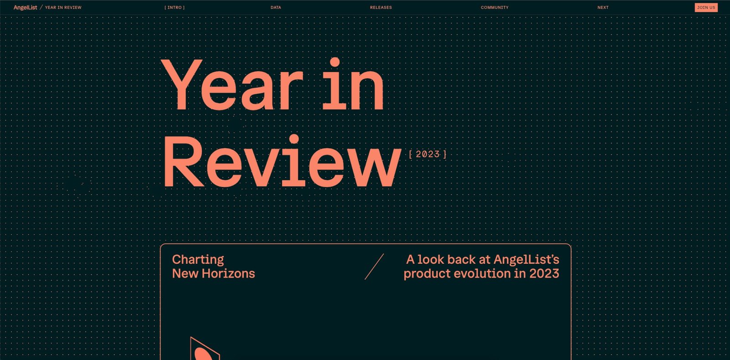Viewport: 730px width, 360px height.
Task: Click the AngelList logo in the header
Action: pyautogui.click(x=25, y=7)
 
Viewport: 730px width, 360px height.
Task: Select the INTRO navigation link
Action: pyautogui.click(x=174, y=7)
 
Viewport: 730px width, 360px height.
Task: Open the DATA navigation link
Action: pyautogui.click(x=276, y=7)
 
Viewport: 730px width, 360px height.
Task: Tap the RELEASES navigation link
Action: pyautogui.click(x=381, y=7)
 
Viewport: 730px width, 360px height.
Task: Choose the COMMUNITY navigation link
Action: pyautogui.click(x=495, y=7)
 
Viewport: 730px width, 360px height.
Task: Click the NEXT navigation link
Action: pyautogui.click(x=603, y=7)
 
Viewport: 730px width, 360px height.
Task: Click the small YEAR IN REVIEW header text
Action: pyautogui.click(x=63, y=7)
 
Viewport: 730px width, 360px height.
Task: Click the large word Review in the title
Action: pyautogui.click(x=282, y=161)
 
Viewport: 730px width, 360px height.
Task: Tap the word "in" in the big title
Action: pyautogui.click(x=353, y=84)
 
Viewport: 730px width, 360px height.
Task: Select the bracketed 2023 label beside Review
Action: pyautogui.click(x=428, y=154)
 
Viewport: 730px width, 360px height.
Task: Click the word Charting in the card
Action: pyautogui.click(x=198, y=260)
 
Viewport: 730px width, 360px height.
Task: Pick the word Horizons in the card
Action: pyautogui.click(x=228, y=273)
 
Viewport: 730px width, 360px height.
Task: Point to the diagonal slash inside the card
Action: pyautogui.click(x=374, y=266)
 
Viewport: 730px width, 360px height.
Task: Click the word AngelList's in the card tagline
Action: pyautogui.click(x=527, y=260)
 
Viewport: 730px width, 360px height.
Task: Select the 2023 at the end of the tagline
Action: pyautogui.click(x=544, y=273)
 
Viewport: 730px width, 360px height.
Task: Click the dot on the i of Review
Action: pyautogui.click(x=294, y=139)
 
